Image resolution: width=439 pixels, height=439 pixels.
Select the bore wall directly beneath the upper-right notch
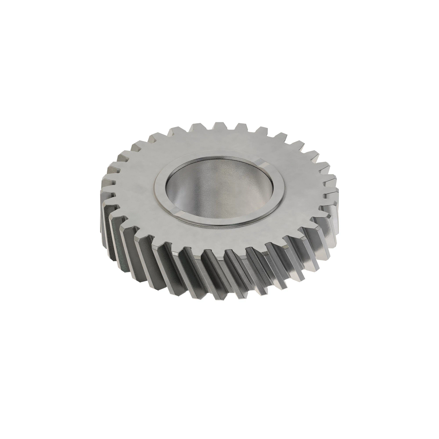[256, 183]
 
